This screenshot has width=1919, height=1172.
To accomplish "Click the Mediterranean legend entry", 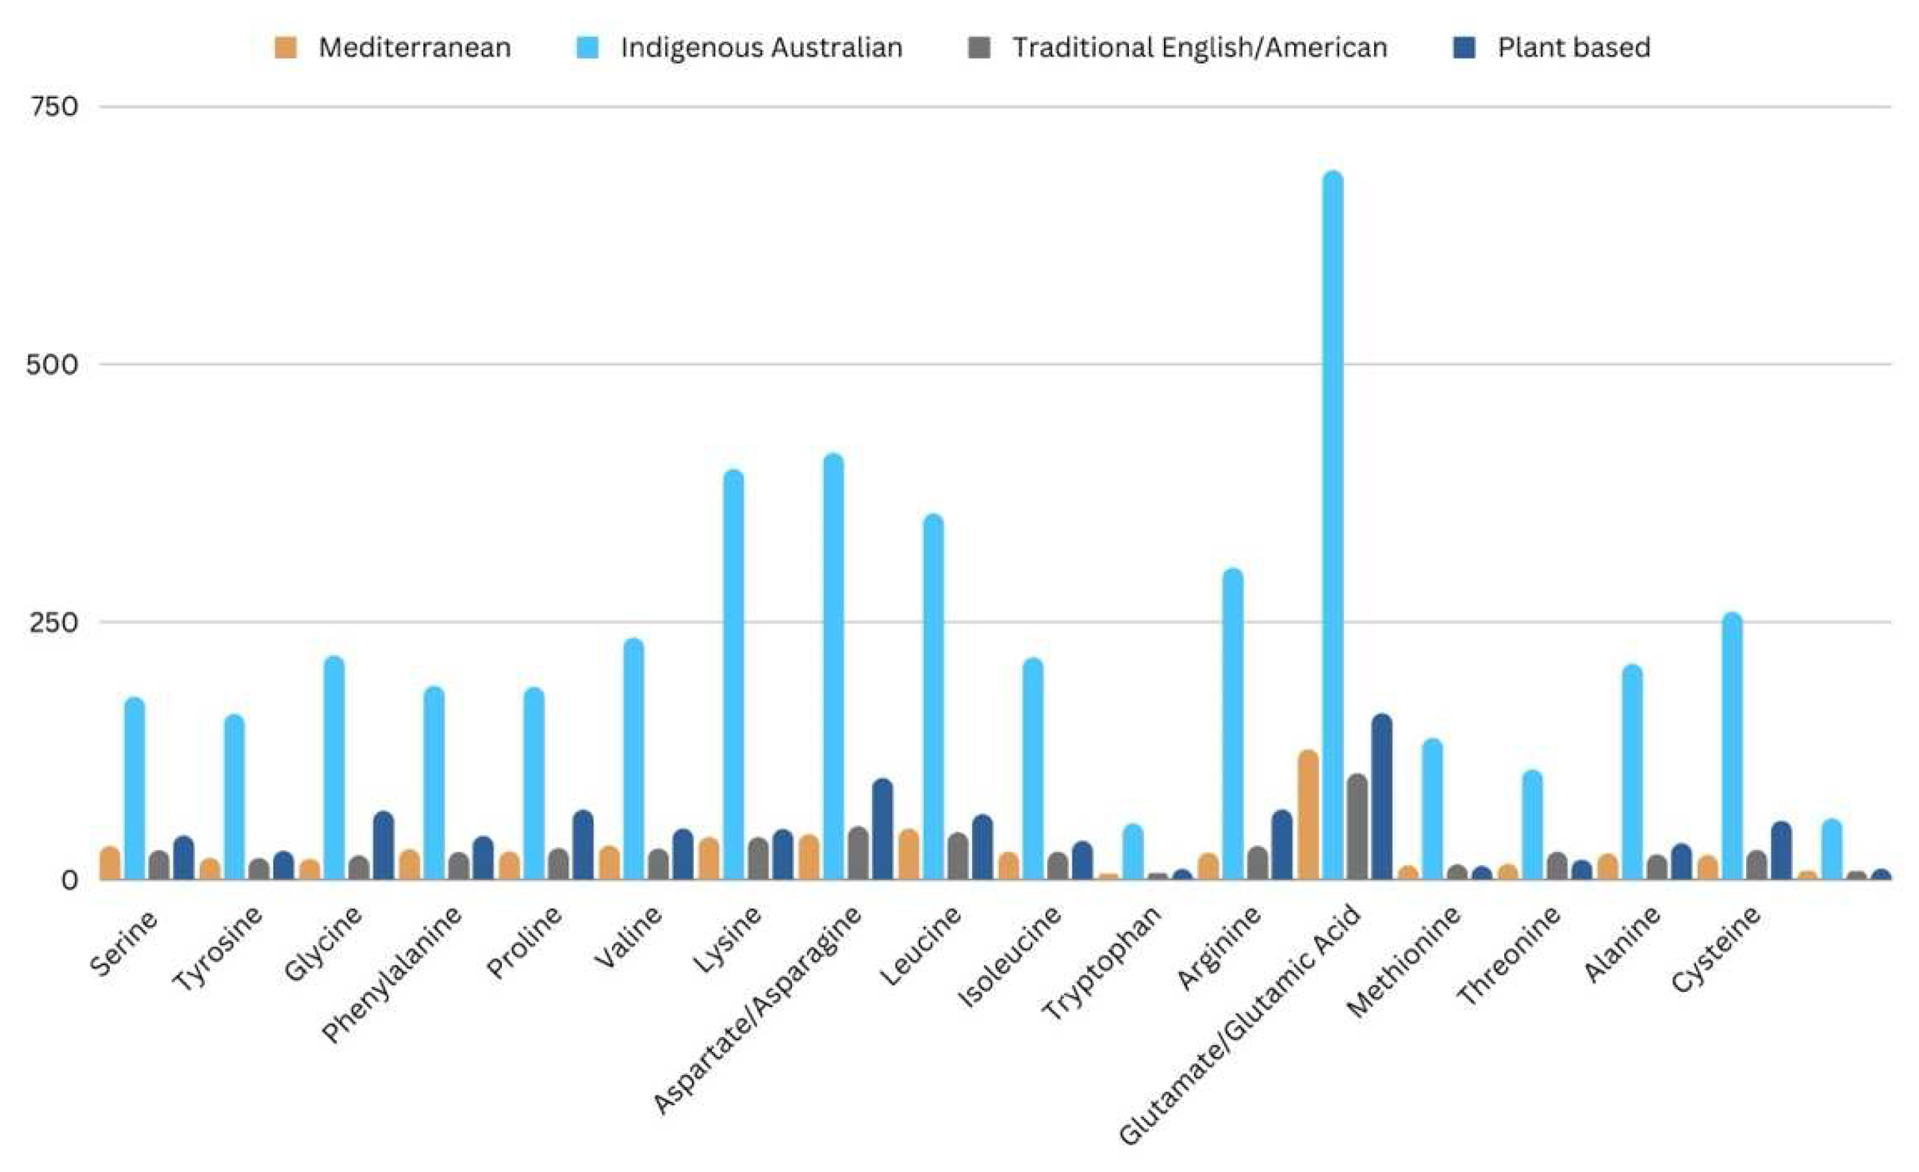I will tap(414, 48).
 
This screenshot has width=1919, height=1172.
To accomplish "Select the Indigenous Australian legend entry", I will tap(760, 48).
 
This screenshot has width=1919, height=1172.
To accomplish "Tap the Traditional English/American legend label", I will tap(1198, 48).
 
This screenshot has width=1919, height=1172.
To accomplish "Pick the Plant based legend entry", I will tap(1572, 48).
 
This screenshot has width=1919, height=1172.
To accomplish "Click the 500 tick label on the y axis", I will tap(52, 365).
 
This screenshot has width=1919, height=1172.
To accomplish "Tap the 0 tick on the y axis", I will tap(70, 881).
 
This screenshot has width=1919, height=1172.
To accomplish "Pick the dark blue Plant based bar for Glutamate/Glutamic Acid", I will tap(1382, 798).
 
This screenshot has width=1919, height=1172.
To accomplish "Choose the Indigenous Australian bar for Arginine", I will tap(1233, 724).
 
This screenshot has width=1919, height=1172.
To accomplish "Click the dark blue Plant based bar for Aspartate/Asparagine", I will tap(882, 829).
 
